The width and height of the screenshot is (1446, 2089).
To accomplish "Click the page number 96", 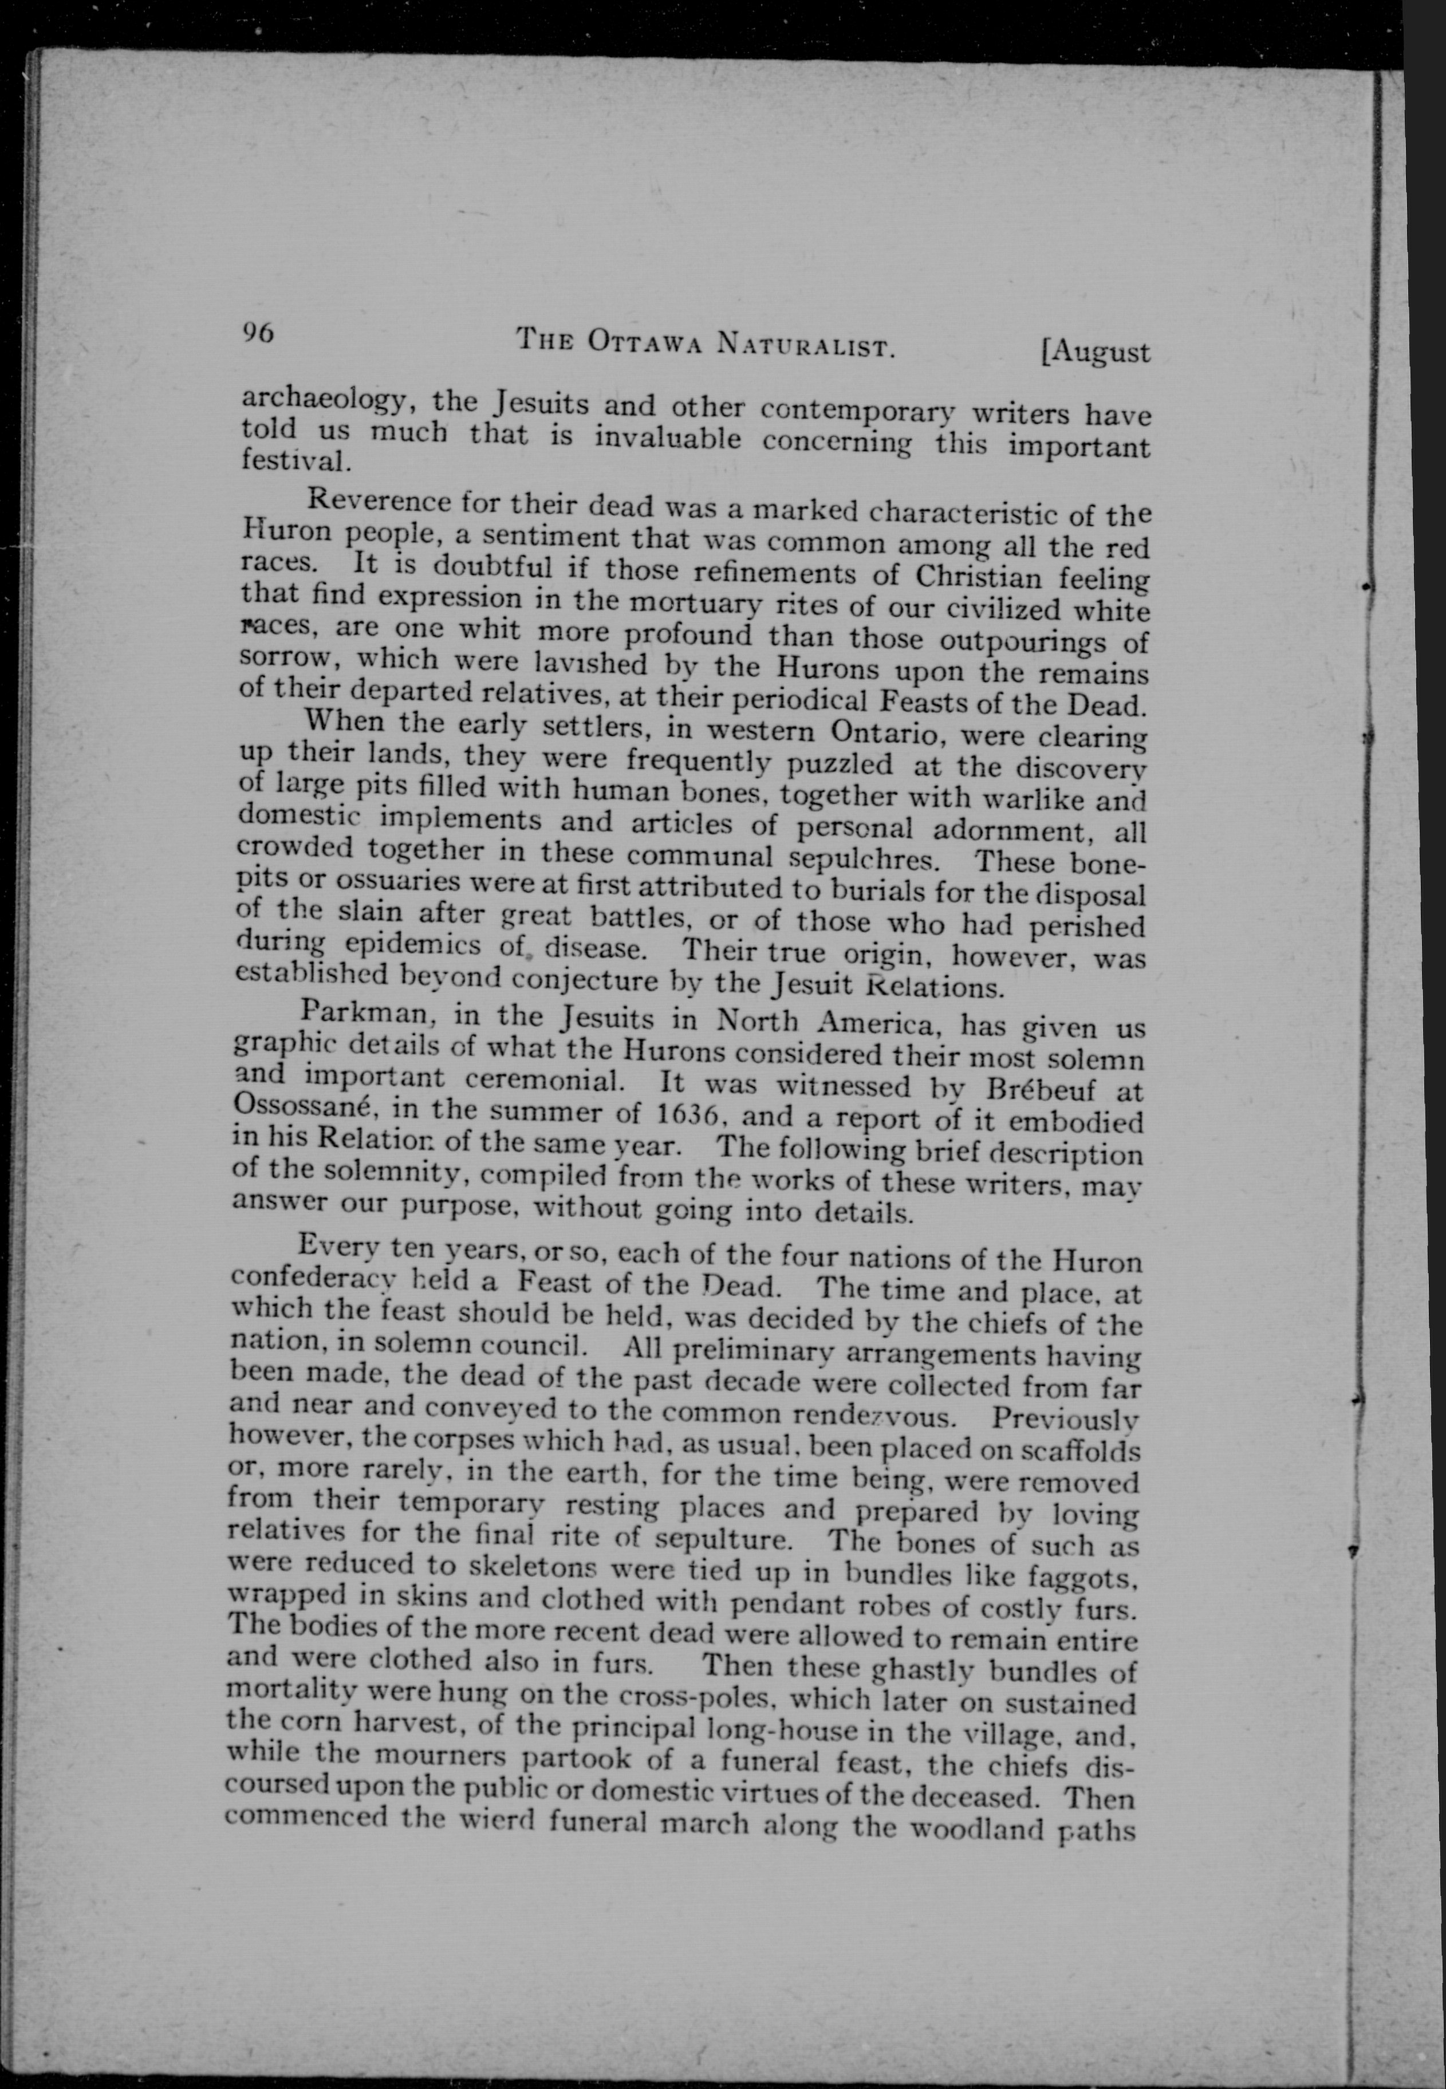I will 257,333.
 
